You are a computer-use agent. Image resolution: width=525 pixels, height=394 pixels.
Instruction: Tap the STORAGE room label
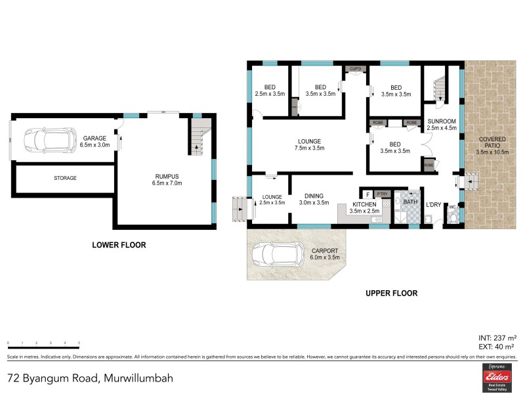coord(65,178)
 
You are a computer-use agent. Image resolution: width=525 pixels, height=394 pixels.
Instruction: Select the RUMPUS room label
coord(167,175)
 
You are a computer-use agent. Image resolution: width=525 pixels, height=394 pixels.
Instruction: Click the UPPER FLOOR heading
coord(391,294)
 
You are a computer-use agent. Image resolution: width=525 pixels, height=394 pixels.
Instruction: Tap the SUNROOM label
coord(440,121)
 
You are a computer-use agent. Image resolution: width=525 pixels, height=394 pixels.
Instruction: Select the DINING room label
coord(314,195)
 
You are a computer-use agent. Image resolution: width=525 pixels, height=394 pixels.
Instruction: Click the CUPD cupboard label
coord(355,68)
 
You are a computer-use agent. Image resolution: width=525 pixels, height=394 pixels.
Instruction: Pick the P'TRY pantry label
coord(383,194)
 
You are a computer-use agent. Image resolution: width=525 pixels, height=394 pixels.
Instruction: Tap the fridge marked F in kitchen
coord(367,194)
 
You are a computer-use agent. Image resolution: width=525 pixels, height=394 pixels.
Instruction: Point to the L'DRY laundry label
coord(433,205)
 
